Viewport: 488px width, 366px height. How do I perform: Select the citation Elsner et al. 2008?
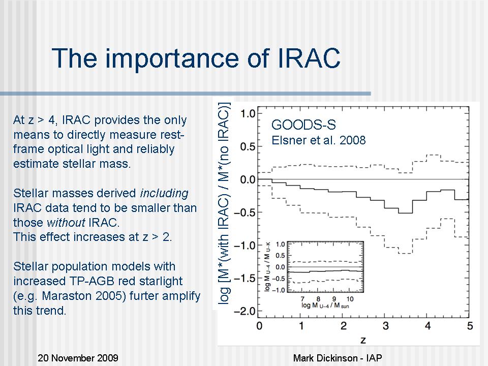[x=319, y=140]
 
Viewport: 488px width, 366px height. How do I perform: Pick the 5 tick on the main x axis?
[x=470, y=325]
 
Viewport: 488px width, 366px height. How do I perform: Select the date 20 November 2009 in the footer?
[x=78, y=358]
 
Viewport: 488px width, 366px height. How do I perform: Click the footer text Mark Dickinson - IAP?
[x=338, y=358]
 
